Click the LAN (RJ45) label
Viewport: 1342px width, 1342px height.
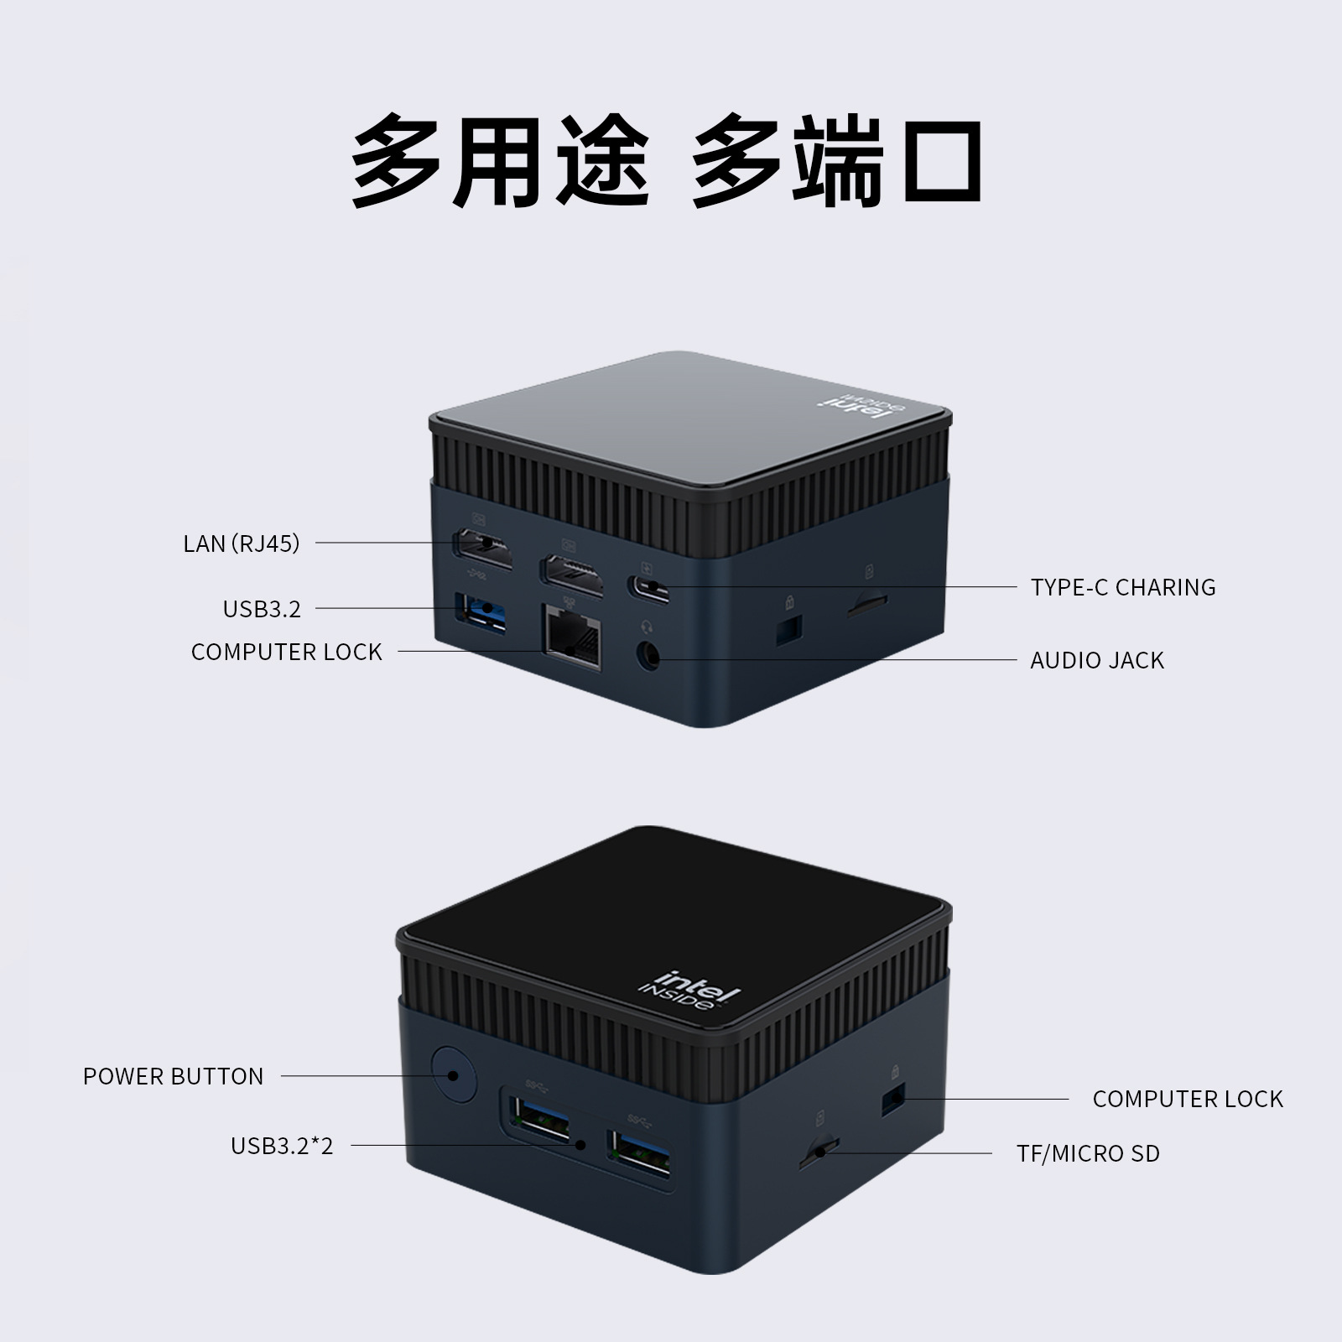(x=242, y=544)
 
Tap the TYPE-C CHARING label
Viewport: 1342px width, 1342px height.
(x=1123, y=587)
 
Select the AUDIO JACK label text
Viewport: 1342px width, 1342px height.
(x=1097, y=661)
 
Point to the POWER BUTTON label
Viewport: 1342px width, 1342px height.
(x=173, y=1076)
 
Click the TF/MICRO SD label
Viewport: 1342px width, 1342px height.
(x=1088, y=1154)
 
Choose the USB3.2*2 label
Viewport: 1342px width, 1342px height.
(x=282, y=1146)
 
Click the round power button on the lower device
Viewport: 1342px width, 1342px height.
(x=452, y=1075)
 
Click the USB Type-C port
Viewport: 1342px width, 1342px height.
(x=649, y=588)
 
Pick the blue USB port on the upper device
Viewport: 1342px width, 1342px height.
(x=481, y=609)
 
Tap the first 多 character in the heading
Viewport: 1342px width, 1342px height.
(x=400, y=162)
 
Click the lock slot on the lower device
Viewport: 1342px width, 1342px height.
(x=894, y=1100)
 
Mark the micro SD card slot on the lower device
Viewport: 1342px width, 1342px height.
(x=819, y=1152)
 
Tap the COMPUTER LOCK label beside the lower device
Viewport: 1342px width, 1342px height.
(x=1188, y=1100)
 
